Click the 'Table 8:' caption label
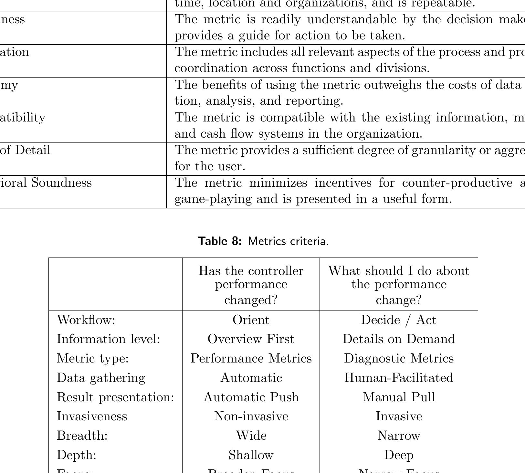click(x=220, y=241)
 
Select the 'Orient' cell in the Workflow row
click(x=251, y=320)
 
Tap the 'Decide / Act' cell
click(x=398, y=320)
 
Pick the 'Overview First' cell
click(x=251, y=339)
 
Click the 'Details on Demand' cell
click(x=398, y=339)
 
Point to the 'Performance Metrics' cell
click(x=251, y=358)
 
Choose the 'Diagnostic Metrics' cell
click(x=398, y=358)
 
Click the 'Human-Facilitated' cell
click(x=398, y=378)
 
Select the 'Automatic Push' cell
click(x=251, y=397)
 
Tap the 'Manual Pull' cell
click(x=398, y=397)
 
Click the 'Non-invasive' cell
click(x=251, y=416)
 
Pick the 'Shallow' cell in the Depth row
click(x=251, y=455)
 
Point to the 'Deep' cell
click(x=398, y=455)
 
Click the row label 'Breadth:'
click(x=82, y=436)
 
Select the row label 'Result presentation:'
click(x=115, y=397)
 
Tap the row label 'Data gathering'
click(x=101, y=378)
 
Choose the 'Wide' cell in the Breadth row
click(x=251, y=436)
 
